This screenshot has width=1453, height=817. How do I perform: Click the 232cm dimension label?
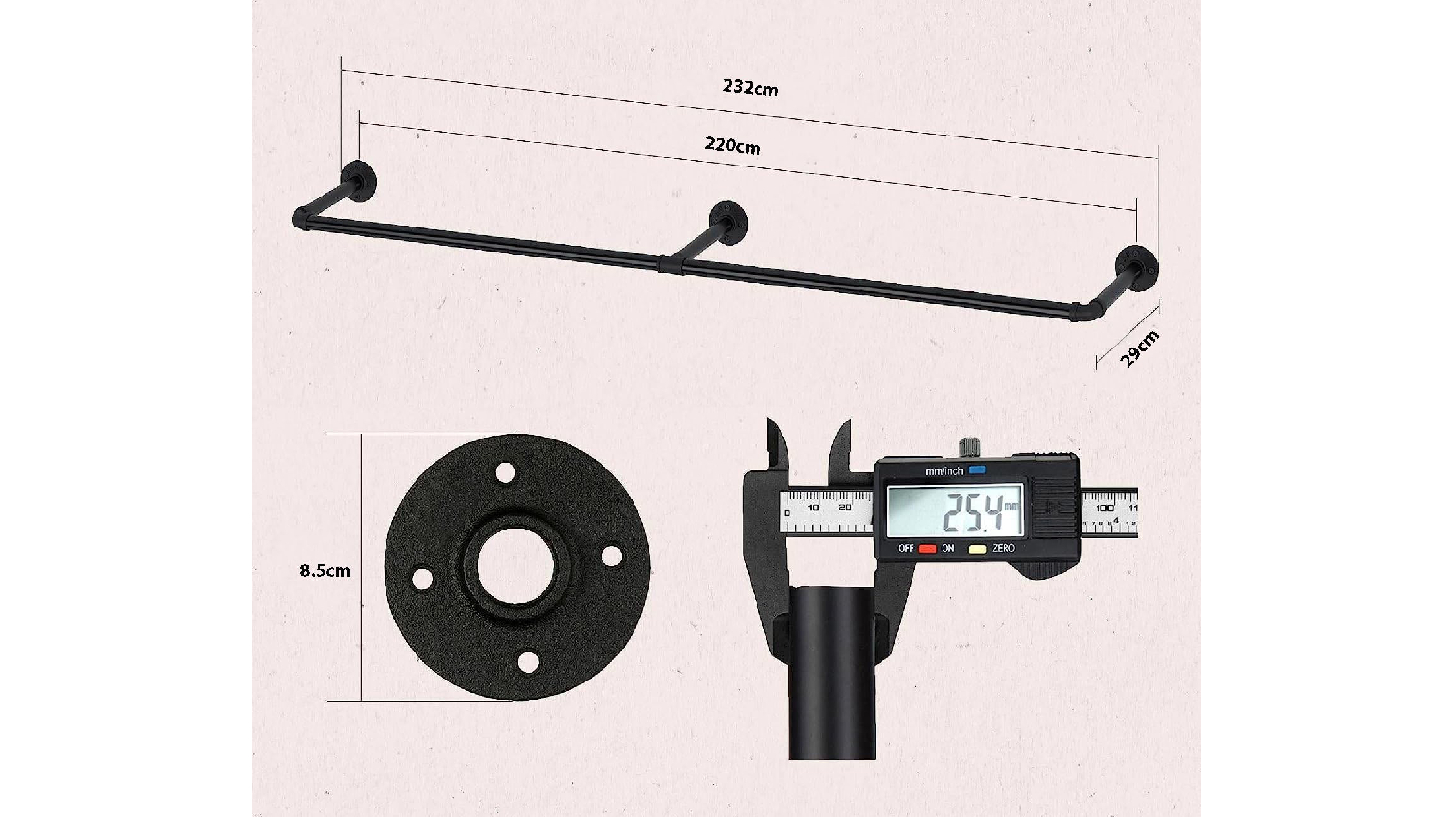coord(751,87)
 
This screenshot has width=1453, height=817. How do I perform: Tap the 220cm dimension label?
coord(732,146)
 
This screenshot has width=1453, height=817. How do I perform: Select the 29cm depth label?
coord(1140,348)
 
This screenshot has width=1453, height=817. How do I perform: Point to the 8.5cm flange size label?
coord(325,571)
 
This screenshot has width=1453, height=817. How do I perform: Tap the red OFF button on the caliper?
coord(928,549)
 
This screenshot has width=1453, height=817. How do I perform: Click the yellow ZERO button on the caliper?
coord(977,549)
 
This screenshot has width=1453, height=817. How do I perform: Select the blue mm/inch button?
coord(976,469)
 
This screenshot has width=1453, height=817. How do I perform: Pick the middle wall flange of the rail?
coord(728,222)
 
